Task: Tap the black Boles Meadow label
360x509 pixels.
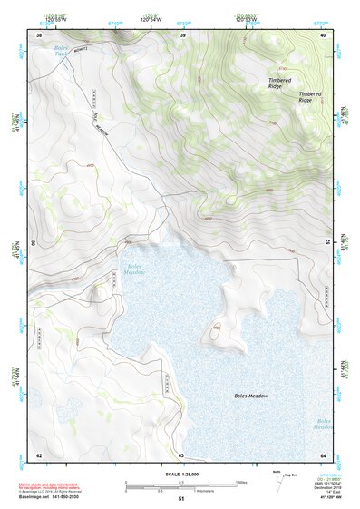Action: coord(251,396)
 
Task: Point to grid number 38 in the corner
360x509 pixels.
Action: coord(38,34)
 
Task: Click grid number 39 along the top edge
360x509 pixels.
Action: coord(183,34)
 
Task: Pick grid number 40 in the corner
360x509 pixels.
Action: coord(325,34)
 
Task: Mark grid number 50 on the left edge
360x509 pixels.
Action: coord(34,243)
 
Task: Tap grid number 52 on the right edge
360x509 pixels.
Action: coord(327,242)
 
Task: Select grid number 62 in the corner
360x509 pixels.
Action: coord(38,455)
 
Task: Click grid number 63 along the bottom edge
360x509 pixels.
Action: coord(181,455)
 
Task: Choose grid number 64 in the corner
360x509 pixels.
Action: coord(324,455)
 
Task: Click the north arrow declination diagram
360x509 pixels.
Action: coord(277,476)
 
